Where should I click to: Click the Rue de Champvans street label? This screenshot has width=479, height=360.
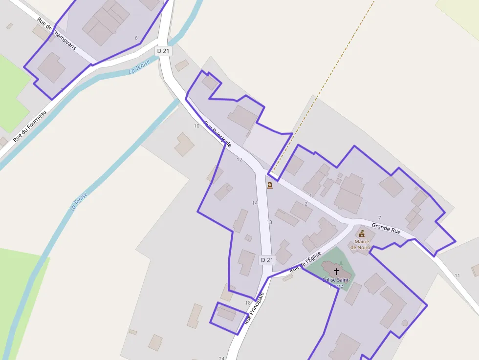click(57, 33)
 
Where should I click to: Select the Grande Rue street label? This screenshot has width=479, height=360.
click(386, 228)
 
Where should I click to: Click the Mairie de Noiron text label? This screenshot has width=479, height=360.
click(362, 244)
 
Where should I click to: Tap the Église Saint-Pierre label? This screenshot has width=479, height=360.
click(336, 282)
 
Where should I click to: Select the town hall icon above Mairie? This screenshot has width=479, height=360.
click(362, 233)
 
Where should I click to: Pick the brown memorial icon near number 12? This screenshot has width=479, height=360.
click(269, 185)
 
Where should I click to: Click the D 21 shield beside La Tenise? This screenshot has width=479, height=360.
click(164, 51)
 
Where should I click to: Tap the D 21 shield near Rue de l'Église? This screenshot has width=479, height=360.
click(266, 260)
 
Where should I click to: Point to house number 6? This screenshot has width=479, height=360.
click(136, 38)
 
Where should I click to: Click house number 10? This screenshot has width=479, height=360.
click(196, 126)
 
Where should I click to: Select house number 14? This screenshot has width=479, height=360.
click(255, 203)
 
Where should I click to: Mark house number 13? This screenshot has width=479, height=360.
click(269, 222)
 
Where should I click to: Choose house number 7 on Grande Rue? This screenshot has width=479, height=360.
click(379, 217)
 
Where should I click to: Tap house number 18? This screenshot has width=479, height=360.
click(248, 303)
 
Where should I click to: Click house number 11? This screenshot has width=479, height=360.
click(457, 275)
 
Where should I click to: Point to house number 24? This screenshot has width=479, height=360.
click(222, 358)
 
